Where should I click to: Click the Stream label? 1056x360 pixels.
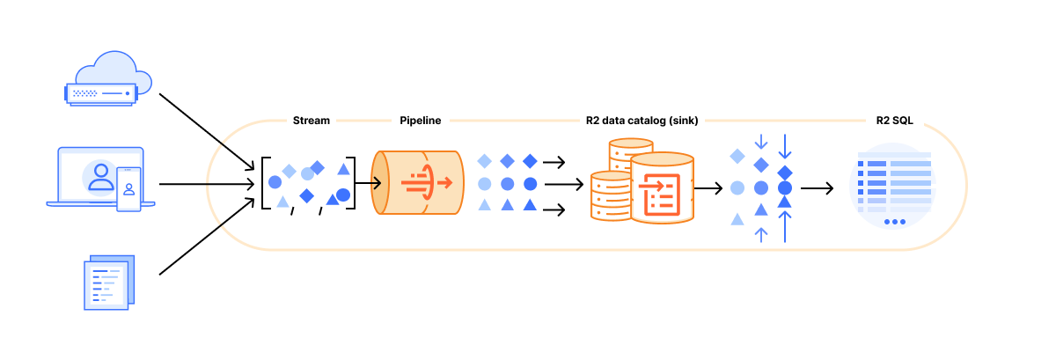[311, 121]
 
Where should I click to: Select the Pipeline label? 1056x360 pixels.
[420, 121]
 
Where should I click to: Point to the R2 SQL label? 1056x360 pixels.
[894, 121]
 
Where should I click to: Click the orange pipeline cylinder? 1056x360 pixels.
[418, 183]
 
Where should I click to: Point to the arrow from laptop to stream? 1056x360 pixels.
[208, 184]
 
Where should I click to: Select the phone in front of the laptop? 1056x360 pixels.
[128, 190]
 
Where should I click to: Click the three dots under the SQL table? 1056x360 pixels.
[894, 222]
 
